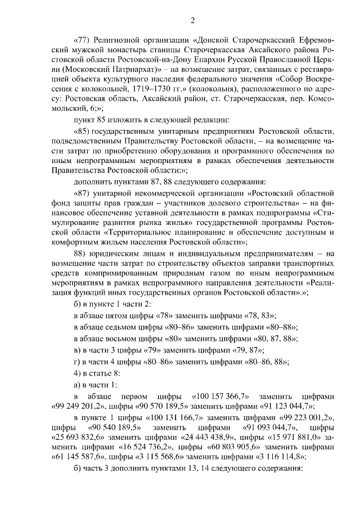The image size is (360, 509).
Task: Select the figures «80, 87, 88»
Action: click(x=269, y=339)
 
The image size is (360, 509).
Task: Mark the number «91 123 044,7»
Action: click(x=282, y=406)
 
